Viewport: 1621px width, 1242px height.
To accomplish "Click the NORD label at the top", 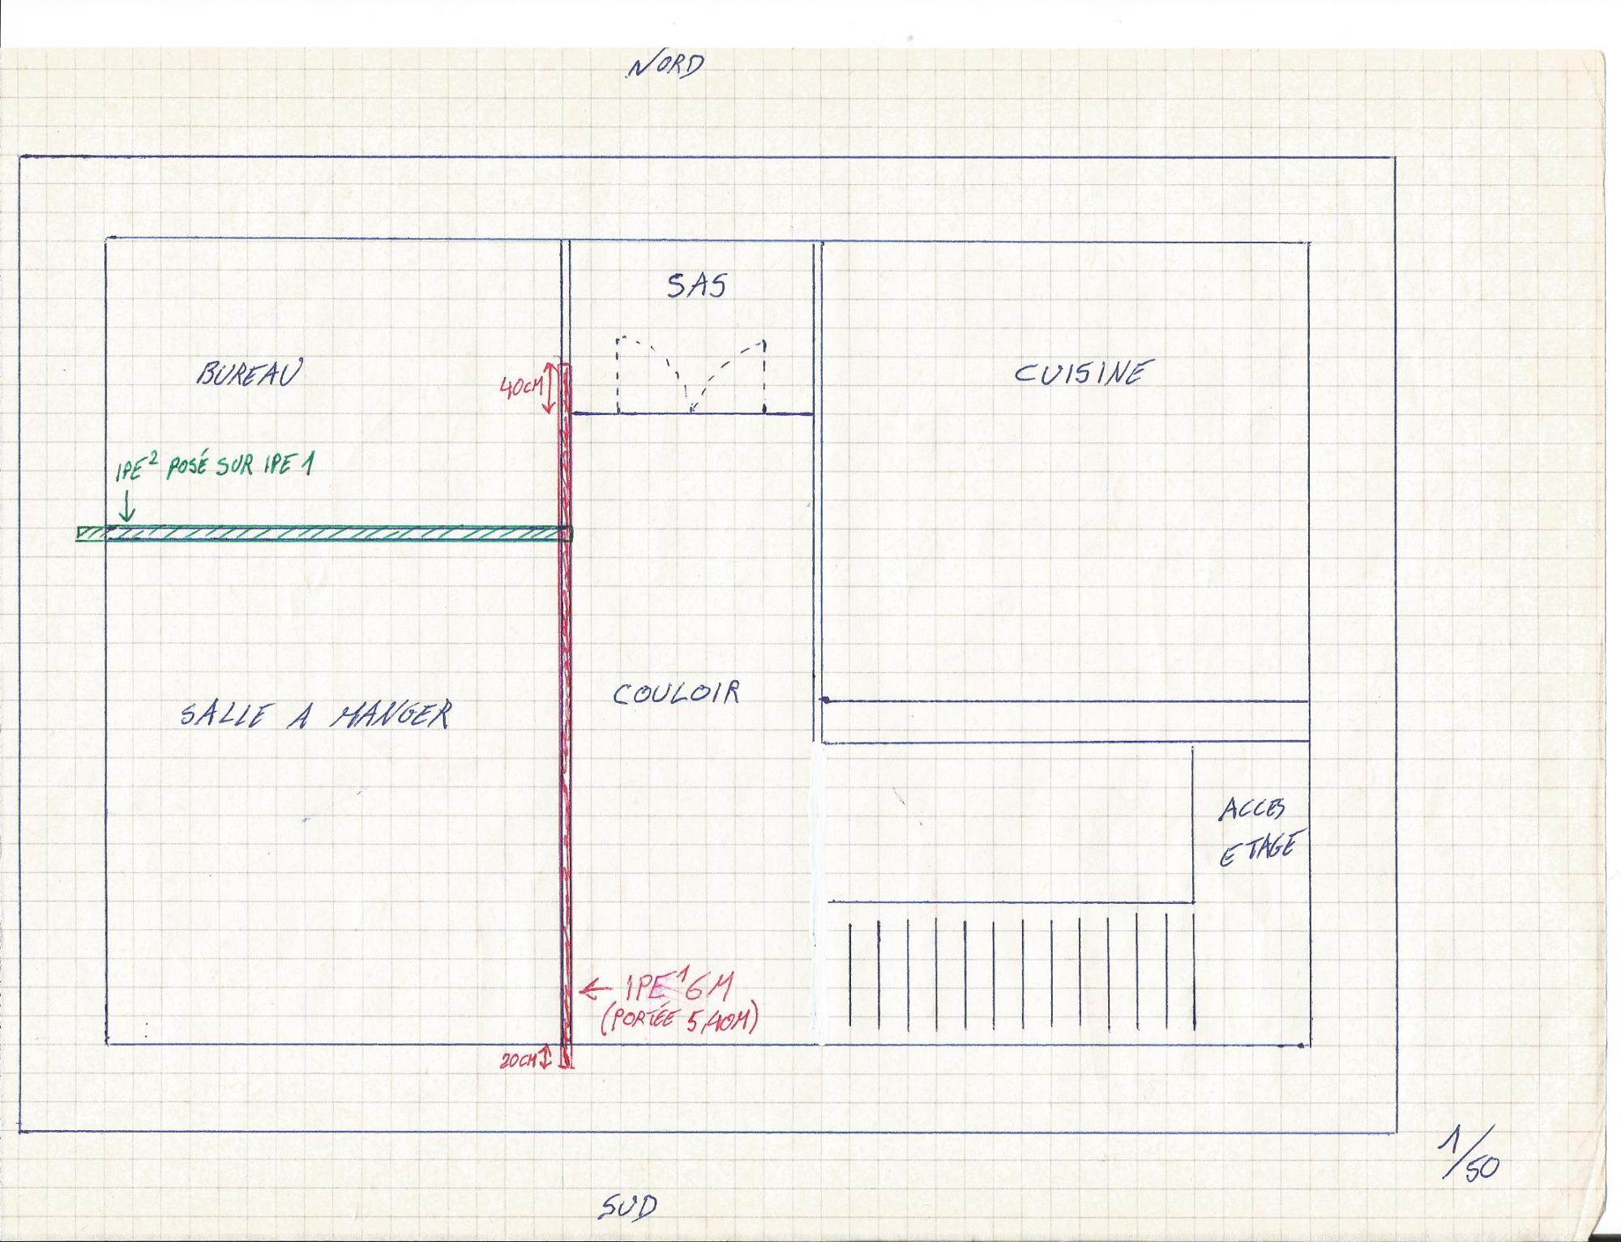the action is [665, 66].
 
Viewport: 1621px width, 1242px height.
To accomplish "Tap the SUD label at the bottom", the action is [629, 1207].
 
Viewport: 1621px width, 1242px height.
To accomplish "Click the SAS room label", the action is [696, 285].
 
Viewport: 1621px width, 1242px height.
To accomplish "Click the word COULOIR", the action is [676, 694].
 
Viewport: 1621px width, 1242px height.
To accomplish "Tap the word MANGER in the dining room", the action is [391, 714].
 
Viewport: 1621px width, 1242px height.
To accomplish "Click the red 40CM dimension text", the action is [520, 388].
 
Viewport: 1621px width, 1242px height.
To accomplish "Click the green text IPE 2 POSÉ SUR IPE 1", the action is [214, 467].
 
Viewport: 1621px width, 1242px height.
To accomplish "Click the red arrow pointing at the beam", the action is [595, 988].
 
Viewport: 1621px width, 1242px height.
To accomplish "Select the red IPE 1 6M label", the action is [679, 987].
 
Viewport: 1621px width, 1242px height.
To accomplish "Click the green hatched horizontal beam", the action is [324, 533].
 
